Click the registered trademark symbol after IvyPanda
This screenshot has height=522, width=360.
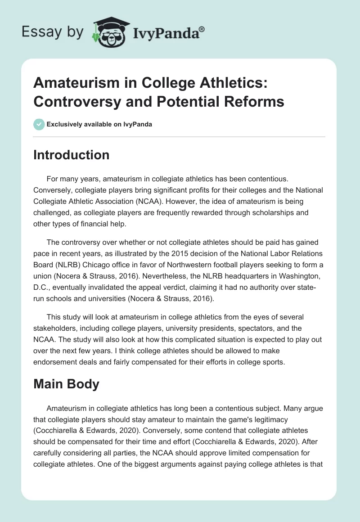[202, 29]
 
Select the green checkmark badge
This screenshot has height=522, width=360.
[39, 124]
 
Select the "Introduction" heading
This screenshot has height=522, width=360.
[72, 155]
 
